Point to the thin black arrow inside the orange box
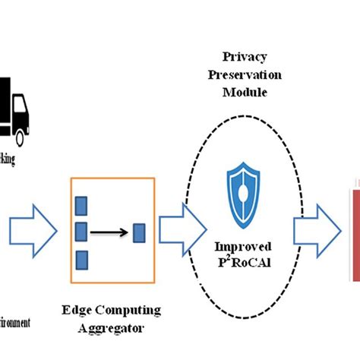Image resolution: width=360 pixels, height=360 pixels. pos(110,231)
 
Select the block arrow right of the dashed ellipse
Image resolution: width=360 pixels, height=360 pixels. pos(315,228)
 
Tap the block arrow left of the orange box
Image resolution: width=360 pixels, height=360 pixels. pos(34,228)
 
